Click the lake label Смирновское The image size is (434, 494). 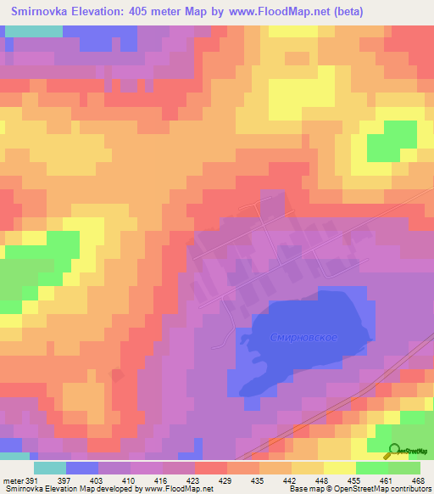(304, 338)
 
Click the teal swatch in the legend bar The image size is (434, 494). (50, 468)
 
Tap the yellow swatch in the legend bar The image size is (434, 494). (340, 468)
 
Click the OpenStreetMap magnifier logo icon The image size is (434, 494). (394, 452)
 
